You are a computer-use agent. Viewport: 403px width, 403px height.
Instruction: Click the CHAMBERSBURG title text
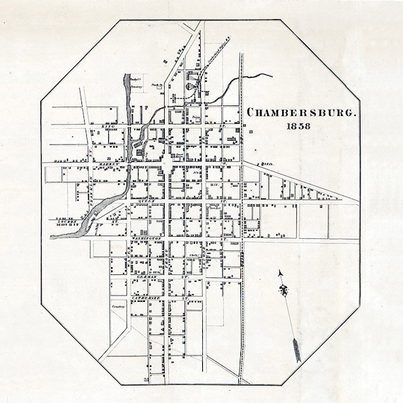tap(300, 112)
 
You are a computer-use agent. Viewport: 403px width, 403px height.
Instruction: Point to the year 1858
tap(300, 127)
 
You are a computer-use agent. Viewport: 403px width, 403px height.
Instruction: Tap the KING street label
tap(108, 126)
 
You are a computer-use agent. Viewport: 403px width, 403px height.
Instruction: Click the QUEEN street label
tap(146, 201)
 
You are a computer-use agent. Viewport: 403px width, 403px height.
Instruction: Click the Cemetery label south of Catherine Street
tap(118, 306)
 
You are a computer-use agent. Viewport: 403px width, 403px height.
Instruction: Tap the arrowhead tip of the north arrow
tap(281, 271)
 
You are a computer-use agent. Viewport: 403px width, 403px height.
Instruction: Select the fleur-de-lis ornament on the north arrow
tap(285, 291)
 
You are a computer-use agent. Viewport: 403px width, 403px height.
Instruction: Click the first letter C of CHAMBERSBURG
tap(248, 112)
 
